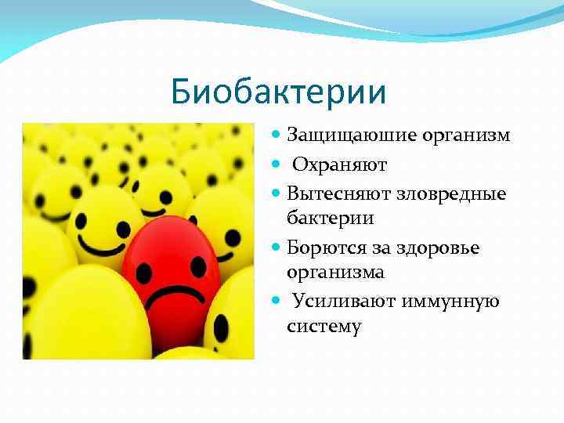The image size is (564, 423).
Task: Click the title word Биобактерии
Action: pyautogui.click(x=279, y=92)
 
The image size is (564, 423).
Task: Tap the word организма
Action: pyautogui.click(x=336, y=273)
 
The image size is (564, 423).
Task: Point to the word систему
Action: pyautogui.click(x=325, y=326)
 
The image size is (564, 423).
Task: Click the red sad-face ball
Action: pyautogui.click(x=168, y=282)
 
